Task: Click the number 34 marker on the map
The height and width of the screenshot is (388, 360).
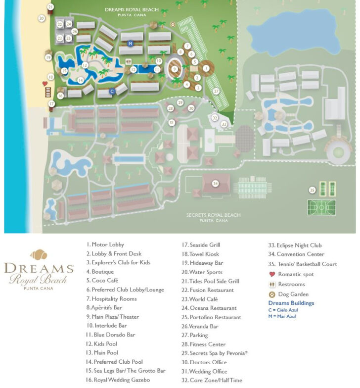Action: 215,183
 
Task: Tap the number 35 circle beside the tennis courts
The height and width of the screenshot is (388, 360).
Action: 312,190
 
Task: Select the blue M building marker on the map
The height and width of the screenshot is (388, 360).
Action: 130,44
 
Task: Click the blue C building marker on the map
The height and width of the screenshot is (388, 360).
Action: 112,91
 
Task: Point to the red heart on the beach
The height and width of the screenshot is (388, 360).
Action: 45,84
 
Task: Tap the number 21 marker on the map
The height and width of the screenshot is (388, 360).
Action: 50,7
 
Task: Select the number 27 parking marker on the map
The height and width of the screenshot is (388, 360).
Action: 216,91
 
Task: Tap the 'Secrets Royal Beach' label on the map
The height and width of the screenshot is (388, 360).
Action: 214,215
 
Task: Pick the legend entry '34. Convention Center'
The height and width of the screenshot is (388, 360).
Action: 296,254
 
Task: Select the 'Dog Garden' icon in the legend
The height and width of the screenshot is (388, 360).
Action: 271,294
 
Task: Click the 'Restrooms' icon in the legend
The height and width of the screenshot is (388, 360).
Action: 271,284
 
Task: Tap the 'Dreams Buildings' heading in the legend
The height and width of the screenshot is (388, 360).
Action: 291,303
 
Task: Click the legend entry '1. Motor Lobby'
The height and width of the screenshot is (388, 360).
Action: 105,244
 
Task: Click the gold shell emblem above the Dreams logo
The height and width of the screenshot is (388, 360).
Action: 39,255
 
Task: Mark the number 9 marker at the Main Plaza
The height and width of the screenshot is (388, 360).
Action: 175,69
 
